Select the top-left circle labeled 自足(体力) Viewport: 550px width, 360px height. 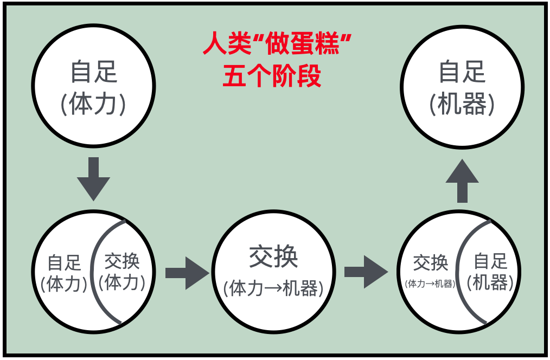click(x=93, y=87)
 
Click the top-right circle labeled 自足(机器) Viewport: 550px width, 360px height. click(x=462, y=87)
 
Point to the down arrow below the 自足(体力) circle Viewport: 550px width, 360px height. click(x=93, y=178)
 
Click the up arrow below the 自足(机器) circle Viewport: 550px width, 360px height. click(x=462, y=181)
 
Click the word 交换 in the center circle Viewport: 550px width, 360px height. click(x=273, y=257)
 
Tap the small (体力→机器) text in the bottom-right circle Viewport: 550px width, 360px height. click(x=430, y=283)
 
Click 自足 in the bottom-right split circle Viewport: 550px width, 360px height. click(x=490, y=261)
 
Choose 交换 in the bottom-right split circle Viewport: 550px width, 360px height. click(x=430, y=263)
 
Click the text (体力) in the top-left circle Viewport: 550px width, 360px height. click(x=93, y=105)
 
